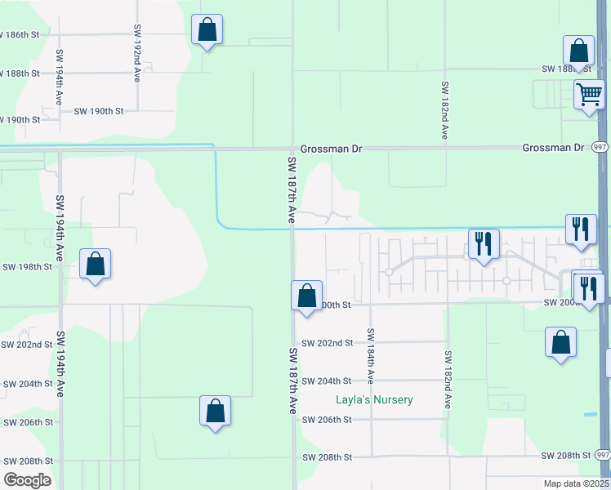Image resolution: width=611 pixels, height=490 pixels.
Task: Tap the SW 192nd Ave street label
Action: click(x=136, y=60)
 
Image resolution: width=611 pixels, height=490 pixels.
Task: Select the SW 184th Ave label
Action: click(x=371, y=356)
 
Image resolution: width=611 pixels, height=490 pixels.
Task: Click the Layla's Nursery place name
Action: click(x=375, y=400)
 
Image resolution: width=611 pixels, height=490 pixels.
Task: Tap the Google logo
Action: click(x=27, y=480)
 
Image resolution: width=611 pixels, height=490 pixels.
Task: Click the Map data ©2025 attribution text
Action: click(x=575, y=483)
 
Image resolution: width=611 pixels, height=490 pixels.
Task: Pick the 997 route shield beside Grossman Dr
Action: click(x=600, y=148)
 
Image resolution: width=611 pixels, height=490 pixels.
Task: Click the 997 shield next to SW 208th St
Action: click(x=602, y=455)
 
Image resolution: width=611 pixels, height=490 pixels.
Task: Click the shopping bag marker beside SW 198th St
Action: click(x=96, y=264)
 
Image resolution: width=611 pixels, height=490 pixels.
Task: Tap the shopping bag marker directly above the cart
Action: click(x=578, y=51)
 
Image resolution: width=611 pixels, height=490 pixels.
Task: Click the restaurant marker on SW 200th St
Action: click(x=586, y=287)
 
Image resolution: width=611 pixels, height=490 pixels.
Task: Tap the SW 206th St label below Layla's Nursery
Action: click(x=326, y=420)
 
